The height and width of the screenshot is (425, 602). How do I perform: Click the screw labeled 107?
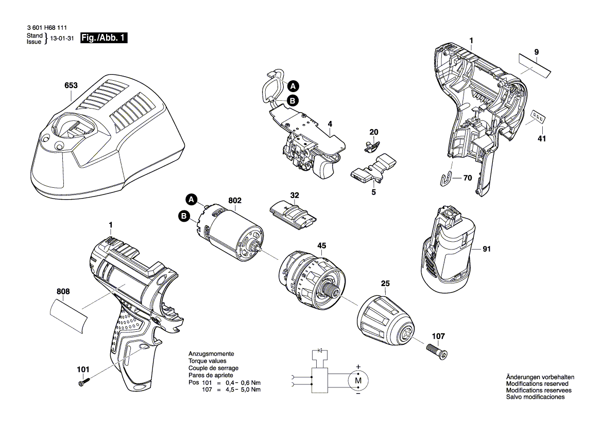437,352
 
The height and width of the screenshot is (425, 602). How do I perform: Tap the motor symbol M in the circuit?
358,380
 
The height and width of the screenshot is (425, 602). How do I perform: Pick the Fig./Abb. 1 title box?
104,39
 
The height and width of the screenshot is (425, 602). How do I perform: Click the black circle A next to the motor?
191,199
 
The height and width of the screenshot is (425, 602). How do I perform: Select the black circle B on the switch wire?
292,101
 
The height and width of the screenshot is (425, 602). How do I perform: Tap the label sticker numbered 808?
69,313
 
